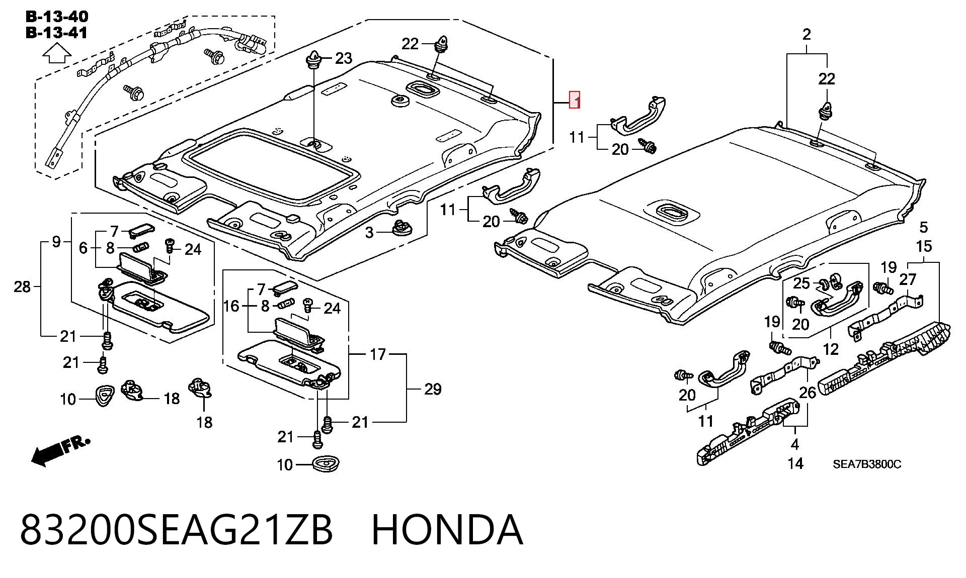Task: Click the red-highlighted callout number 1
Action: (575, 100)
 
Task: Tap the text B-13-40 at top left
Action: (57, 17)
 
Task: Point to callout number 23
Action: (344, 58)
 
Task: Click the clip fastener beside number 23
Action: (314, 60)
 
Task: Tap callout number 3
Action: (370, 233)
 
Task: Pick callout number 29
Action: (433, 389)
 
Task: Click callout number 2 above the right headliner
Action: (807, 35)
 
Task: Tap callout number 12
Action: (831, 349)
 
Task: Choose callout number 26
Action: (808, 393)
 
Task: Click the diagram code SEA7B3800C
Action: (867, 464)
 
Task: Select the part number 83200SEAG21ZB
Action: (176, 530)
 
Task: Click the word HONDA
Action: (447, 530)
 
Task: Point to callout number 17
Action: (378, 354)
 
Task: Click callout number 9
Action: (56, 242)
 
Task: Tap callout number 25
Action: (801, 283)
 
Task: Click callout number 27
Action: (908, 279)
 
